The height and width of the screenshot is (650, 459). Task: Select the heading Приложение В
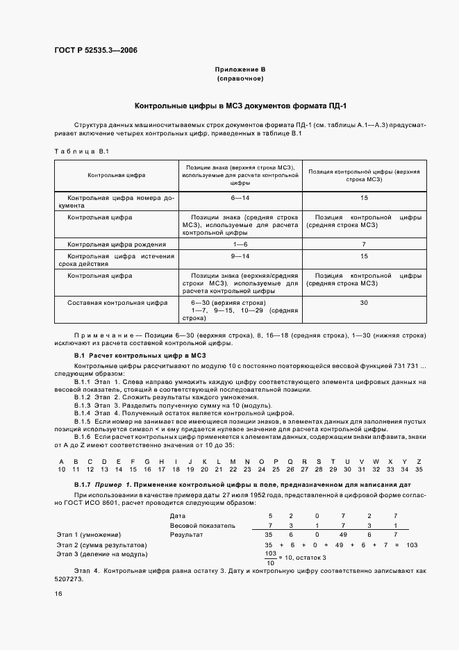240,70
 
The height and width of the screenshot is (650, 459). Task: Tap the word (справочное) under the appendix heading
240,79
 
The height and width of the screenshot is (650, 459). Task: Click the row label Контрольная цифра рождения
117,244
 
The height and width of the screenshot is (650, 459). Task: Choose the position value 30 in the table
364,303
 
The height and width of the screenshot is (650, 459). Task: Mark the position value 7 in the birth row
364,244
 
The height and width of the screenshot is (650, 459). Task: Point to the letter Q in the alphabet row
290,461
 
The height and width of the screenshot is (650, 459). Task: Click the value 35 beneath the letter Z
418,470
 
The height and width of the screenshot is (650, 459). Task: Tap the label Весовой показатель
203,526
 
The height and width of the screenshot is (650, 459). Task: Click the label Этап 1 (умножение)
88,535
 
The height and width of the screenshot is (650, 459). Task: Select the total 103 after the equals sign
411,545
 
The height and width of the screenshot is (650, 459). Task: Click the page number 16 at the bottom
58,594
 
